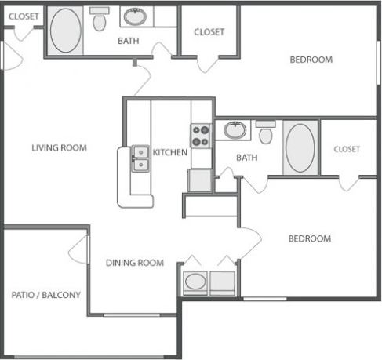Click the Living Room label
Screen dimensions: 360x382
(59, 147)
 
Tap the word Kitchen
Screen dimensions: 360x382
(170, 152)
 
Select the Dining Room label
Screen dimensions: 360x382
(135, 263)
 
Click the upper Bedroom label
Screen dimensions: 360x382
(311, 60)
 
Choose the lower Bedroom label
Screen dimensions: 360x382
(309, 238)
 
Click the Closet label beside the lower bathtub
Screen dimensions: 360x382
(346, 149)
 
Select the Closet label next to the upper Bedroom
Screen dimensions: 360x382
(209, 32)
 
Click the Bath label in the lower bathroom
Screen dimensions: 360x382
(247, 158)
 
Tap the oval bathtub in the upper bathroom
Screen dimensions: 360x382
(66, 31)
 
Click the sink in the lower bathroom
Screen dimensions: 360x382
(234, 129)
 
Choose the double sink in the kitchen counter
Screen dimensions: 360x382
(141, 158)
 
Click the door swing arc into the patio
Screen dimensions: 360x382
(78, 250)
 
